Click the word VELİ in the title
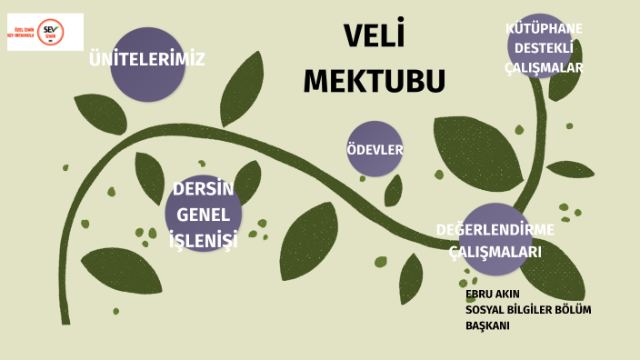tap(374, 37)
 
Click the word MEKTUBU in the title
tap(374, 80)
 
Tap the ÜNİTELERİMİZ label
tap(146, 60)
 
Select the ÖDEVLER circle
tap(375, 149)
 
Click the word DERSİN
tap(203, 189)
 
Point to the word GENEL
tap(203, 215)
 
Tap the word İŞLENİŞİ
tap(203, 240)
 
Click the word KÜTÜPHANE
tap(544, 28)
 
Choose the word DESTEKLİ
tap(544, 47)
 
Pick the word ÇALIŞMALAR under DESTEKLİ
tap(544, 67)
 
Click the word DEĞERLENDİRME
tap(495, 229)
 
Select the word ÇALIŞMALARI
tap(495, 252)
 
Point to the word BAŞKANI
tap(487, 325)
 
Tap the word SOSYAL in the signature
tap(485, 310)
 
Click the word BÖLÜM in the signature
tap(573, 310)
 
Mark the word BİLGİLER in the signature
tap(530, 310)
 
